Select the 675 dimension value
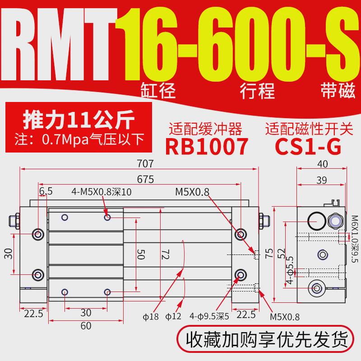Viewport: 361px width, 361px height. (x=145, y=179)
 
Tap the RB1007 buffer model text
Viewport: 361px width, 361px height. (x=207, y=147)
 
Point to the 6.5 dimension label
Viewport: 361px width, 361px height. (x=46, y=191)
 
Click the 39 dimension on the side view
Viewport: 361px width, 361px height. (x=321, y=180)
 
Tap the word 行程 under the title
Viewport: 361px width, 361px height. (x=260, y=92)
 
